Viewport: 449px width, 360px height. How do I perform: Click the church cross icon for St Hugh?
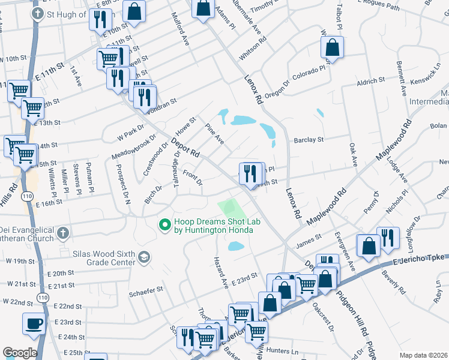click(x=37, y=14)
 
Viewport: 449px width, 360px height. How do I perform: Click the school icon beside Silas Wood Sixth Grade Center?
click(x=143, y=257)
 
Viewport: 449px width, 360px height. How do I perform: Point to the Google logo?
click(x=19, y=353)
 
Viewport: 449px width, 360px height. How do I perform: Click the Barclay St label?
click(x=309, y=140)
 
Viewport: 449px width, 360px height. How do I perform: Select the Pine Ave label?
click(x=214, y=134)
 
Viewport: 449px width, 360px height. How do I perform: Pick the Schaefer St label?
click(x=148, y=290)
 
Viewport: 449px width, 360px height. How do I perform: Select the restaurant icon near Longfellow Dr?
click(x=388, y=238)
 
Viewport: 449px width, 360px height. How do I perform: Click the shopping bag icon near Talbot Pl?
click(x=332, y=47)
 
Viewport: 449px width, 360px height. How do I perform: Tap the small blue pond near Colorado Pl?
click(x=320, y=112)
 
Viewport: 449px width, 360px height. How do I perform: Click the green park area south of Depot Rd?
click(x=233, y=209)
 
